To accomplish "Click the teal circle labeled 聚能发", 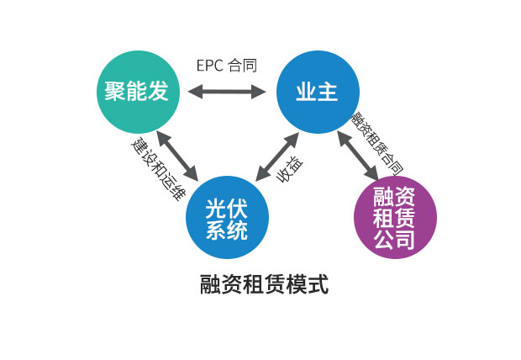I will pyautogui.click(x=136, y=91).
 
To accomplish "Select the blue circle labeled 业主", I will pyautogui.click(x=318, y=91).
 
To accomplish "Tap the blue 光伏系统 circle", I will pyautogui.click(x=227, y=217).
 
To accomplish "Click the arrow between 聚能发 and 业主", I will pyautogui.click(x=228, y=91).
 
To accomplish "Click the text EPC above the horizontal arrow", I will pyautogui.click(x=209, y=66).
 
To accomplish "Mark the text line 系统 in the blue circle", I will pyautogui.click(x=227, y=229).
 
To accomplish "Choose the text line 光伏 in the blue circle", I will pyautogui.click(x=227, y=206).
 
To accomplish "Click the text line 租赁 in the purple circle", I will pyautogui.click(x=394, y=219).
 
